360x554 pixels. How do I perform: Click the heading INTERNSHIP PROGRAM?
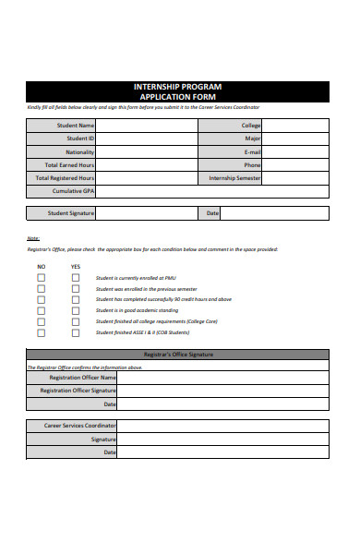tap(177, 86)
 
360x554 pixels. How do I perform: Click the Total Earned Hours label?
tap(64, 164)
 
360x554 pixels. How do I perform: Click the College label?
tap(251, 126)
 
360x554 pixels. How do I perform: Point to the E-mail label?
tap(252, 151)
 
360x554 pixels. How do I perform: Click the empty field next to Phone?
tap(295, 164)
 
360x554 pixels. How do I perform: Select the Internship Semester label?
tap(234, 178)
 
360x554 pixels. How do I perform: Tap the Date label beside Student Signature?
tap(212, 213)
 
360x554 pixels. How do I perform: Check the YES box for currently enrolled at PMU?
tap(76, 277)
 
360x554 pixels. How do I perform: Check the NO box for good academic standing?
tap(41, 310)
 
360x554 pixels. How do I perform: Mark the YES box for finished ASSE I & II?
tap(76, 332)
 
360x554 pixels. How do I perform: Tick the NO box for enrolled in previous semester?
tap(41, 288)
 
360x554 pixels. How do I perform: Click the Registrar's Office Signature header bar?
tap(177, 355)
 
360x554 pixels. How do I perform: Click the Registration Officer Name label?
tap(82, 378)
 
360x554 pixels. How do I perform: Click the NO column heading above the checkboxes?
tap(41, 266)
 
